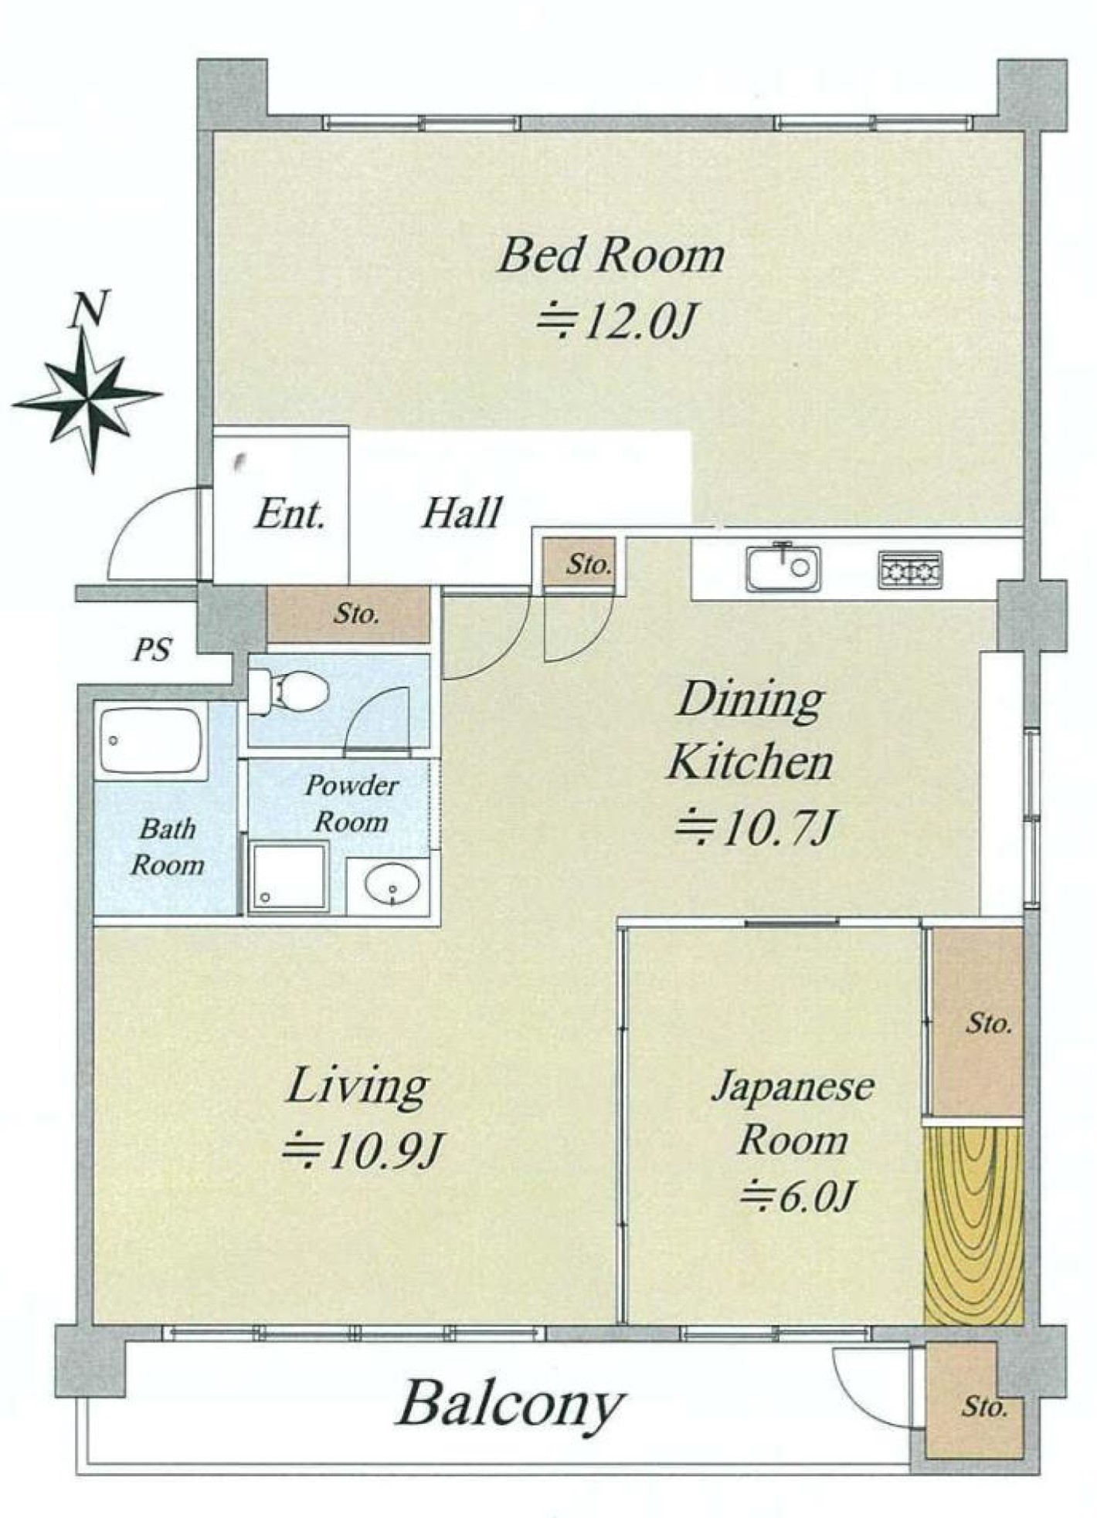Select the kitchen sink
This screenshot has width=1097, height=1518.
(x=783, y=568)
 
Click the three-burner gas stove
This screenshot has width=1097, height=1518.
(x=910, y=570)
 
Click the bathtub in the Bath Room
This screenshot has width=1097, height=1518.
(x=151, y=740)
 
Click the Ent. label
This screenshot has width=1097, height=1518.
(x=290, y=513)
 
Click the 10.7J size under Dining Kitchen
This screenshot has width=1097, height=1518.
(x=756, y=829)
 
